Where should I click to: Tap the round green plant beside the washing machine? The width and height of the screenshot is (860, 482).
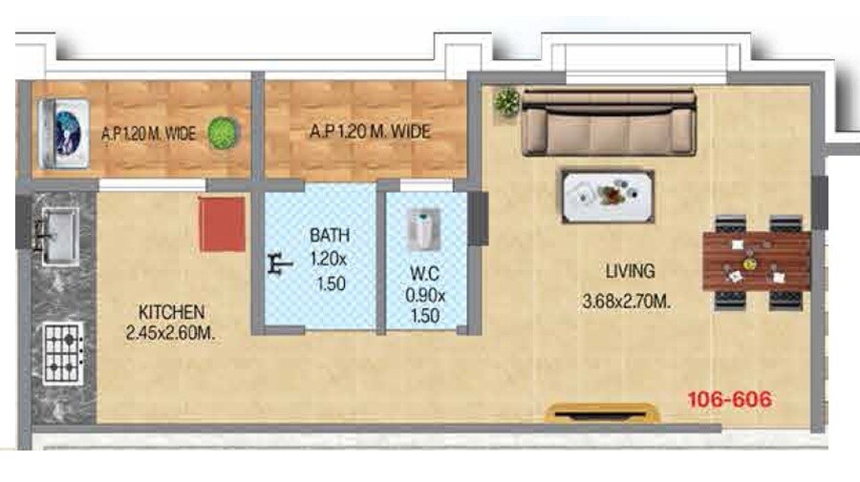pos(223,133)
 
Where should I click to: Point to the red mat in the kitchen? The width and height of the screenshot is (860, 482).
pos(222,224)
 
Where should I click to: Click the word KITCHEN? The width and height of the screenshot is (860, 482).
pos(171,312)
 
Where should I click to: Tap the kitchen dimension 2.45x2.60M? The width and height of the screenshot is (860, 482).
pos(174,333)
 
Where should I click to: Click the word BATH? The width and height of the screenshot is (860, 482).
pos(329,235)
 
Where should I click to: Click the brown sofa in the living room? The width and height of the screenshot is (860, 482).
pos(608,121)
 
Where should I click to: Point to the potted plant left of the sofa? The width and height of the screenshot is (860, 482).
pos(505,100)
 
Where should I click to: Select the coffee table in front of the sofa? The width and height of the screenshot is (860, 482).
pos(608,196)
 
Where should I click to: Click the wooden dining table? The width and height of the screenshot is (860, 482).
pos(756,261)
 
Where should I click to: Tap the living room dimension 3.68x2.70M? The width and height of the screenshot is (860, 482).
pos(626,304)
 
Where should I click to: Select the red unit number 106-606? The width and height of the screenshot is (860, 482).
pos(729,400)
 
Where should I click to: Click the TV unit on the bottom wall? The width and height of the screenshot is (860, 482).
pos(602,412)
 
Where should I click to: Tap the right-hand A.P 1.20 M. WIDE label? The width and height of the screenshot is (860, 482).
pos(369,133)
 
